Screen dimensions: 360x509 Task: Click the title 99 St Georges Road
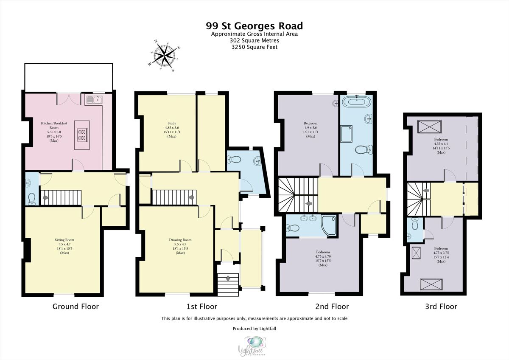click(255, 26)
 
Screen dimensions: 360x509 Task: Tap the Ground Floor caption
click(76, 307)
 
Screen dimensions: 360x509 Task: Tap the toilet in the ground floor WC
click(31, 198)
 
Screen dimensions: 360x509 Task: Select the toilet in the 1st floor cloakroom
click(234, 160)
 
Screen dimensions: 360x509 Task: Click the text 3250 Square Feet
click(255, 47)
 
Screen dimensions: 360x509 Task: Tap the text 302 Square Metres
click(255, 41)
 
